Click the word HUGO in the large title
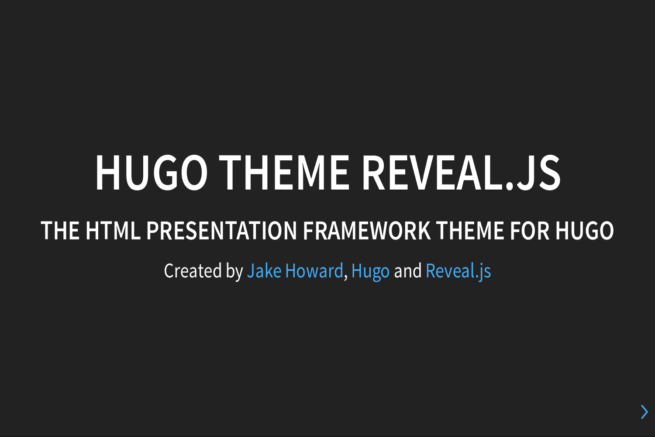tap(152, 173)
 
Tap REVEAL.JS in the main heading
tap(461, 173)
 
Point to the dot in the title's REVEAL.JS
tap(510, 187)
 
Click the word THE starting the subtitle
tap(60, 231)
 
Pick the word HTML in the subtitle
tap(113, 231)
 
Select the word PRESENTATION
tap(222, 231)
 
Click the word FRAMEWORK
tap(367, 231)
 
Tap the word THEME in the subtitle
tap(470, 231)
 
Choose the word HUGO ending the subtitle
tap(585, 231)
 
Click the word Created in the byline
tap(193, 271)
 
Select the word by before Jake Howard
tap(234, 272)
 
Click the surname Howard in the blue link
tap(314, 271)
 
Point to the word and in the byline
tap(408, 271)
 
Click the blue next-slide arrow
tap(644, 412)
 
